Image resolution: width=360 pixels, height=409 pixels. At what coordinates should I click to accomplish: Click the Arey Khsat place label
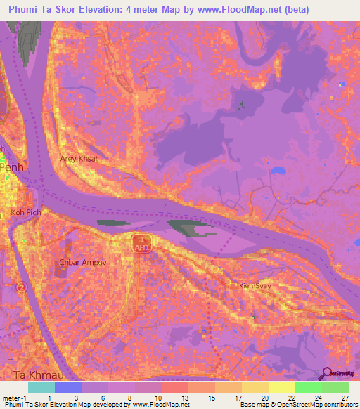[x=77, y=159]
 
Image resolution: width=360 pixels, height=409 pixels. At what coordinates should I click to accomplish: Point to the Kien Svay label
[x=255, y=285]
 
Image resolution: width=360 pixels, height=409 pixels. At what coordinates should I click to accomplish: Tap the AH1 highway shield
[x=139, y=242]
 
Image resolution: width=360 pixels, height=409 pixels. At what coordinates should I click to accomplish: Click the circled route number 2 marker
[x=22, y=287]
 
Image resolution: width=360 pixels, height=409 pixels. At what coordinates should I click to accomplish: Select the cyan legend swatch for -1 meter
[x=41, y=387]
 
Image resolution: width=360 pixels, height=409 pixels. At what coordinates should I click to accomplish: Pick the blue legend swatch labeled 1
[x=68, y=387]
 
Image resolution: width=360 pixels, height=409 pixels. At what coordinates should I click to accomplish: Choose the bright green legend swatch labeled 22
[x=308, y=387]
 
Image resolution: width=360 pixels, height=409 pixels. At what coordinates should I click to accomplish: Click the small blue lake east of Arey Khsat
[x=278, y=170]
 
